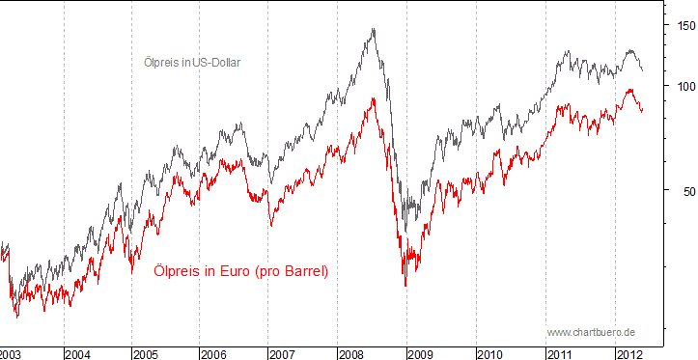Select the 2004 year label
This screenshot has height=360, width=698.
coord(79,354)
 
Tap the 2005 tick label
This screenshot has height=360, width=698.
coord(148,354)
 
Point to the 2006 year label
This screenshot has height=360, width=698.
coord(214,354)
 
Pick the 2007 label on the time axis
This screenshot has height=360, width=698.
coord(284,354)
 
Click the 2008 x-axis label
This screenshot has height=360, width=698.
coord(352,354)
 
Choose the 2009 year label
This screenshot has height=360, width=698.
coord(422,354)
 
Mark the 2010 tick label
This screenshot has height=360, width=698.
coord(490,354)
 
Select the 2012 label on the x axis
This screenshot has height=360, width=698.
coord(628,354)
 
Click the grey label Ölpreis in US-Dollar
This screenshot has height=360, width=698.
coord(191,63)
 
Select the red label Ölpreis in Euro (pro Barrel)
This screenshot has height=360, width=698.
coord(241,271)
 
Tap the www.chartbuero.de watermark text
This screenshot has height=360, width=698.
coord(591,332)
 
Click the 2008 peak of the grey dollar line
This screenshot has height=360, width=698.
coord(374,29)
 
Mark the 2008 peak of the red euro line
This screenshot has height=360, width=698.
coord(373,97)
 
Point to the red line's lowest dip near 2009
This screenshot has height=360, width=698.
coord(405,286)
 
